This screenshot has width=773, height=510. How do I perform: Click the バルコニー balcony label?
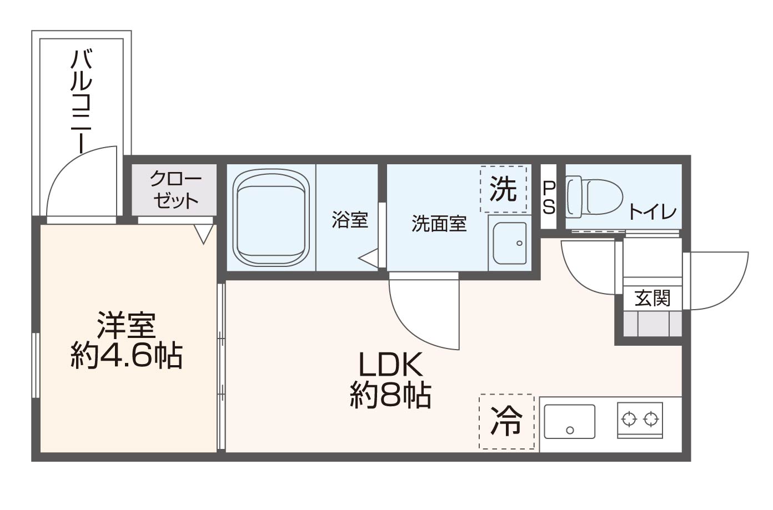point(81,101)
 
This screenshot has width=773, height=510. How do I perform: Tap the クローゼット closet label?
point(175,190)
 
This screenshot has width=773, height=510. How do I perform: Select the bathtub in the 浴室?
point(270,218)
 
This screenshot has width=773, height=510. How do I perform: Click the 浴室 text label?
point(350,220)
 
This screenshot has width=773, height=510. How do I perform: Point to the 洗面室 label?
point(439,224)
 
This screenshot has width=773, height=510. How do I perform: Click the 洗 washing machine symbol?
point(503,189)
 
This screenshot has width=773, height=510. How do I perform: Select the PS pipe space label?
point(549,198)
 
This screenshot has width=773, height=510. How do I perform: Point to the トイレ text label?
point(652,212)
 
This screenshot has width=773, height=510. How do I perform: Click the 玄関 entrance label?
point(652,299)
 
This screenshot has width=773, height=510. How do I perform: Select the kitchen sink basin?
point(569,421)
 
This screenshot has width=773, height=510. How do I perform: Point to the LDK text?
point(391,365)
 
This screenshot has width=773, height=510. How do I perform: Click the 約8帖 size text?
point(391,396)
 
